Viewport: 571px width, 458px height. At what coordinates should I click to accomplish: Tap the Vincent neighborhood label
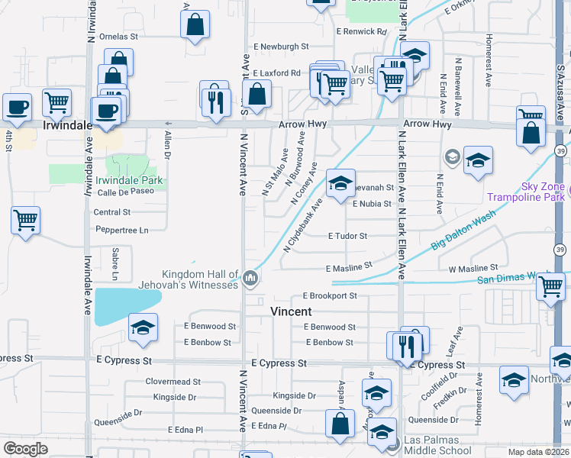point(291,311)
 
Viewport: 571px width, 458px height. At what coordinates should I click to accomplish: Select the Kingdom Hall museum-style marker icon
point(250,280)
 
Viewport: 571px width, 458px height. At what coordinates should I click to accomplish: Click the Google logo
point(25,449)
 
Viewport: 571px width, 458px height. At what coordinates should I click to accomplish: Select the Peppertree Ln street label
point(121,230)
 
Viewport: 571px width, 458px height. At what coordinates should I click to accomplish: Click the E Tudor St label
point(347,237)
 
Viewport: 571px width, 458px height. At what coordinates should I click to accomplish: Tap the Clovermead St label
point(173,381)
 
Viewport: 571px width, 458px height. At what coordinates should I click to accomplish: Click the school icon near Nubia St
point(341,183)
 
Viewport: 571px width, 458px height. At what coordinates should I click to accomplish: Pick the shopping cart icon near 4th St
point(25,221)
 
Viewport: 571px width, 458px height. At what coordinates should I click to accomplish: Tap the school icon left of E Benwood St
point(143,327)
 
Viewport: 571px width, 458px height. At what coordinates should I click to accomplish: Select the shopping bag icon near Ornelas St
point(195,24)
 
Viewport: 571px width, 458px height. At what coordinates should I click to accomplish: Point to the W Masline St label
point(473,269)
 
